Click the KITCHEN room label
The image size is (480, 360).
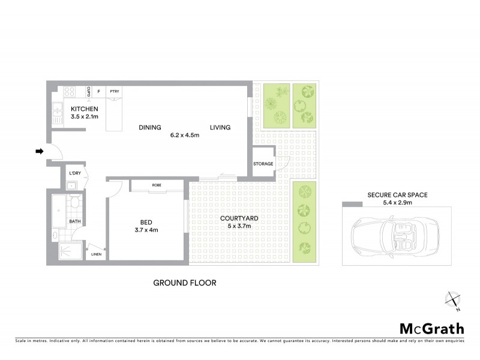84,109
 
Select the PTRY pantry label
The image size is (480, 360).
114,91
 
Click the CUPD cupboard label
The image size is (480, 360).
88,91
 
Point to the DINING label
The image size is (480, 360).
150,127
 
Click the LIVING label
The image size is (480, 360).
220,127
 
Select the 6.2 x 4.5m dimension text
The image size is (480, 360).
184,136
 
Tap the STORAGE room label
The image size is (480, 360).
263,164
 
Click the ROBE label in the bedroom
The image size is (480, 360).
157,185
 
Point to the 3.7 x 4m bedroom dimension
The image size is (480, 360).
145,230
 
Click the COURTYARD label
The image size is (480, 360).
235,218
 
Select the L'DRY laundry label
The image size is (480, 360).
74,173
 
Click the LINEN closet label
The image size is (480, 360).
97,254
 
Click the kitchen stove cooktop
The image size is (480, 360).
69,92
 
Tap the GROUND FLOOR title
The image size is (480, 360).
184,283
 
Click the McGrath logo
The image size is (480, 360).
432,328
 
